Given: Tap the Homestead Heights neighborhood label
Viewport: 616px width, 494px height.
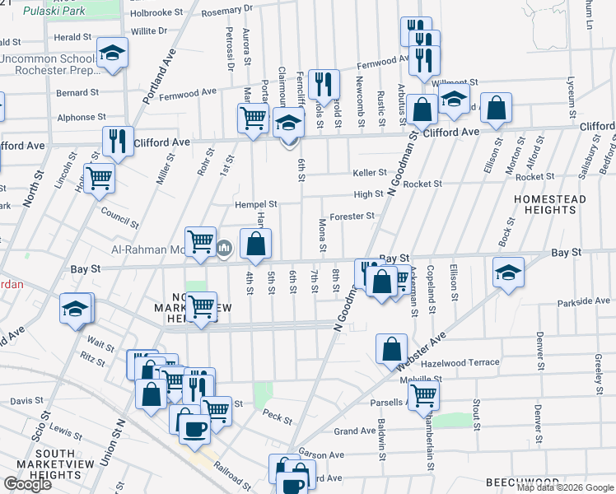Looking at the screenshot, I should pyautogui.click(x=550, y=205).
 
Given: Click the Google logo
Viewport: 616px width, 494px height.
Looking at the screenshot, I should pyautogui.click(x=27, y=484).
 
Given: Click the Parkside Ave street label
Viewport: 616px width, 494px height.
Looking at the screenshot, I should pyautogui.click(x=582, y=301).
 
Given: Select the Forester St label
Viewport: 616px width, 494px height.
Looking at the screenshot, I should pyautogui.click(x=352, y=217).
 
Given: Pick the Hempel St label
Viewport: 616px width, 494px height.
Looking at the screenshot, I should pyautogui.click(x=257, y=203).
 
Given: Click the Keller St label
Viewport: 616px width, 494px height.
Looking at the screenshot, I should pyautogui.click(x=370, y=173).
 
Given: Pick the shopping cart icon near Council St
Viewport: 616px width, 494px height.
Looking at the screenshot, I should pyautogui.click(x=100, y=177).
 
